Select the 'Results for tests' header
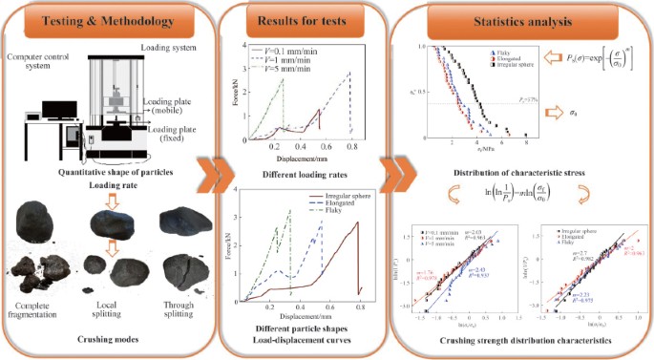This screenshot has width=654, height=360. [295, 20]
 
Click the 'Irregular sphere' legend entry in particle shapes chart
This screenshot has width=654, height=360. [343, 198]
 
